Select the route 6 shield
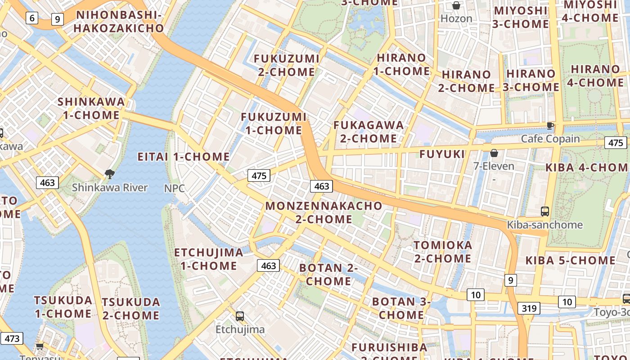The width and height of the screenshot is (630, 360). (31, 18)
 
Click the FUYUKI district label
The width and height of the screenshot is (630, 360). (442, 154)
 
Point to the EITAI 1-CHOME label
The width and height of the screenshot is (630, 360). (184, 157)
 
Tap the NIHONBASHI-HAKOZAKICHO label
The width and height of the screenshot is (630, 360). (119, 22)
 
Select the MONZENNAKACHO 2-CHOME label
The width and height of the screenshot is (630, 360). (324, 212)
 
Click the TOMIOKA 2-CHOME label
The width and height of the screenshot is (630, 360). (443, 252)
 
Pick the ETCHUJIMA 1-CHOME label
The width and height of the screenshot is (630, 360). (209, 259)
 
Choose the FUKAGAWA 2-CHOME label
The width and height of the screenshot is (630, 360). (369, 131)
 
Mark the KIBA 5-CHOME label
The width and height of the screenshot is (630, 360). (570, 261)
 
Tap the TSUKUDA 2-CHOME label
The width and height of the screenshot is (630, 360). (131, 309)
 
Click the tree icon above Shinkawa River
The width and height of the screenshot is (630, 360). (109, 174)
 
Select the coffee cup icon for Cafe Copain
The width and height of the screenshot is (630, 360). (550, 126)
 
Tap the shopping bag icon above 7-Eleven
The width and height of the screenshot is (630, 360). (494, 153)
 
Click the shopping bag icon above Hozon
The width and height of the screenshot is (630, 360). (456, 5)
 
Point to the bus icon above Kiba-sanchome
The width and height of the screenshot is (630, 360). (545, 211)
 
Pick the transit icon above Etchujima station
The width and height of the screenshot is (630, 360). (240, 316)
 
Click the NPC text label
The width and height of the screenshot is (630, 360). (175, 188)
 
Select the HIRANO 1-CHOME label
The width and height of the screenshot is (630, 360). (401, 64)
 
